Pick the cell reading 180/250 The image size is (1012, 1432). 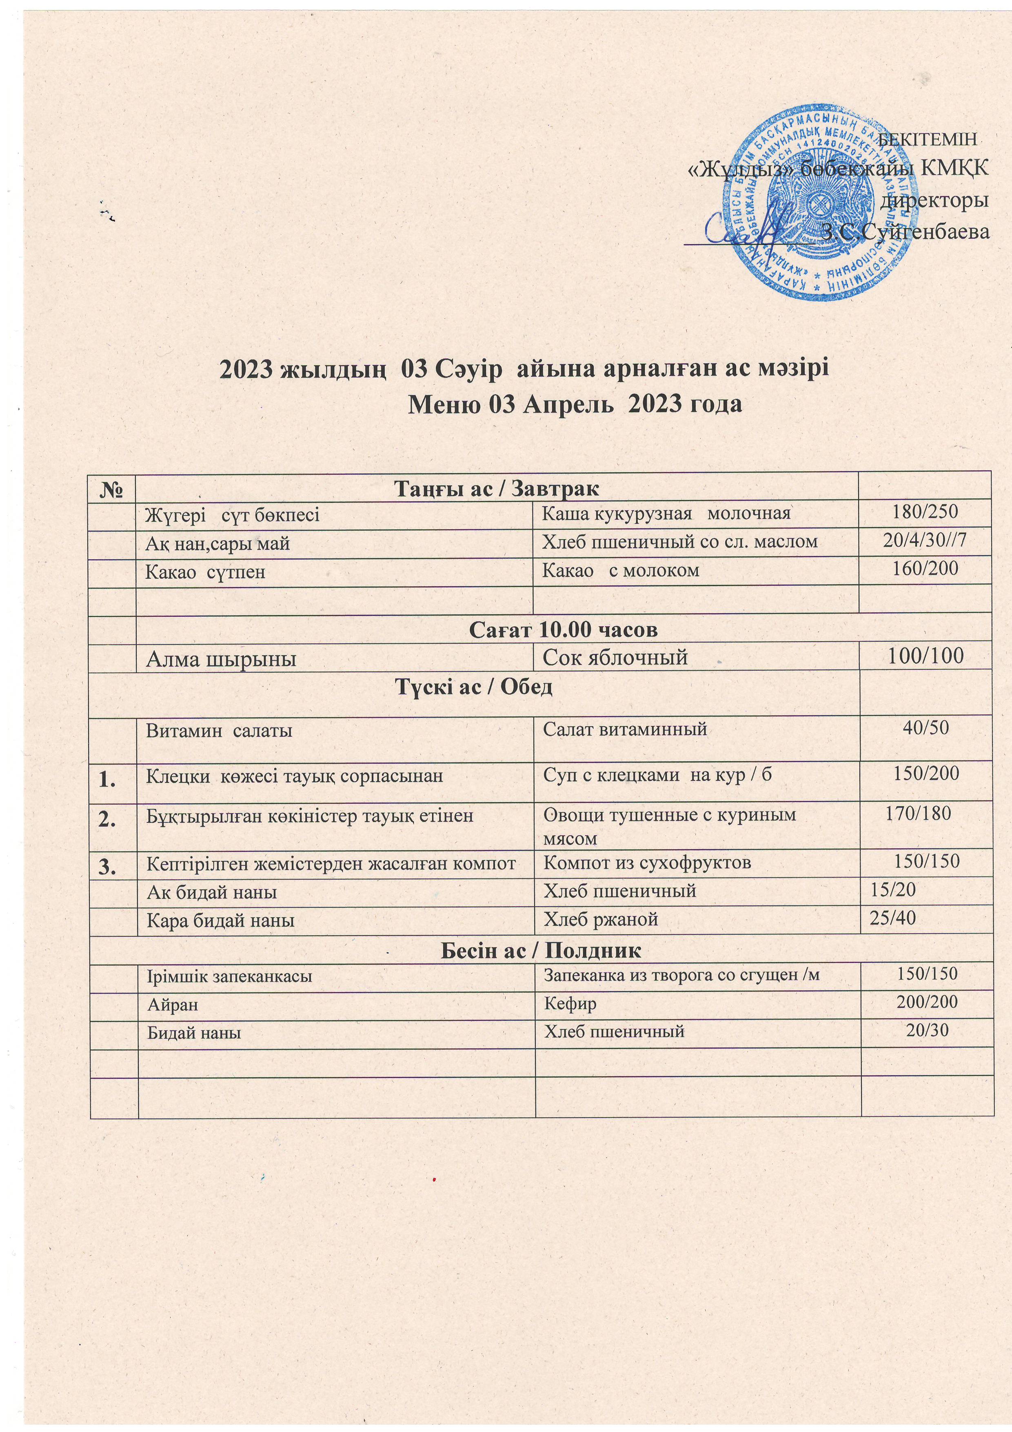pyautogui.click(x=925, y=513)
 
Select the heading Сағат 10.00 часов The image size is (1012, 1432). pyautogui.click(x=563, y=630)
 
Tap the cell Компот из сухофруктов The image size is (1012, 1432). pyautogui.click(x=647, y=863)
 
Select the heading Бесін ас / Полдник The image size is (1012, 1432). pyautogui.click(x=541, y=950)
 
